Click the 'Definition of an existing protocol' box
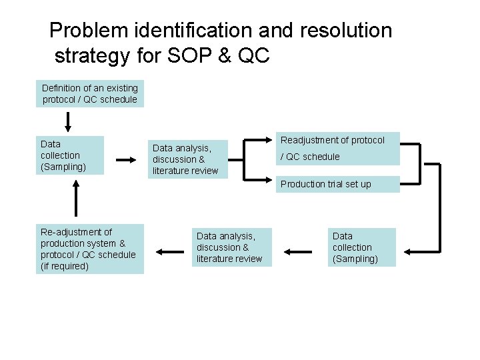(x=90, y=94)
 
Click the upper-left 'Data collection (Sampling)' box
(x=70, y=155)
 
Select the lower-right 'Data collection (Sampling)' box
(x=363, y=247)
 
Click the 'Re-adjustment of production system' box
(x=89, y=249)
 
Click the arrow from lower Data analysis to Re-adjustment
(x=170, y=251)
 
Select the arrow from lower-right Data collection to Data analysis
(x=299, y=251)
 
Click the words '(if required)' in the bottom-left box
(x=65, y=267)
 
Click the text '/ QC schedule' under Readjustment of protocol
(x=310, y=157)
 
